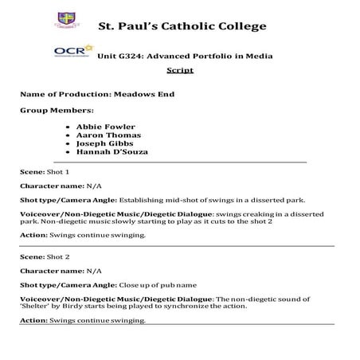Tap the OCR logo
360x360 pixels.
(x=67, y=53)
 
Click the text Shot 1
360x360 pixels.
(x=58, y=172)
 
